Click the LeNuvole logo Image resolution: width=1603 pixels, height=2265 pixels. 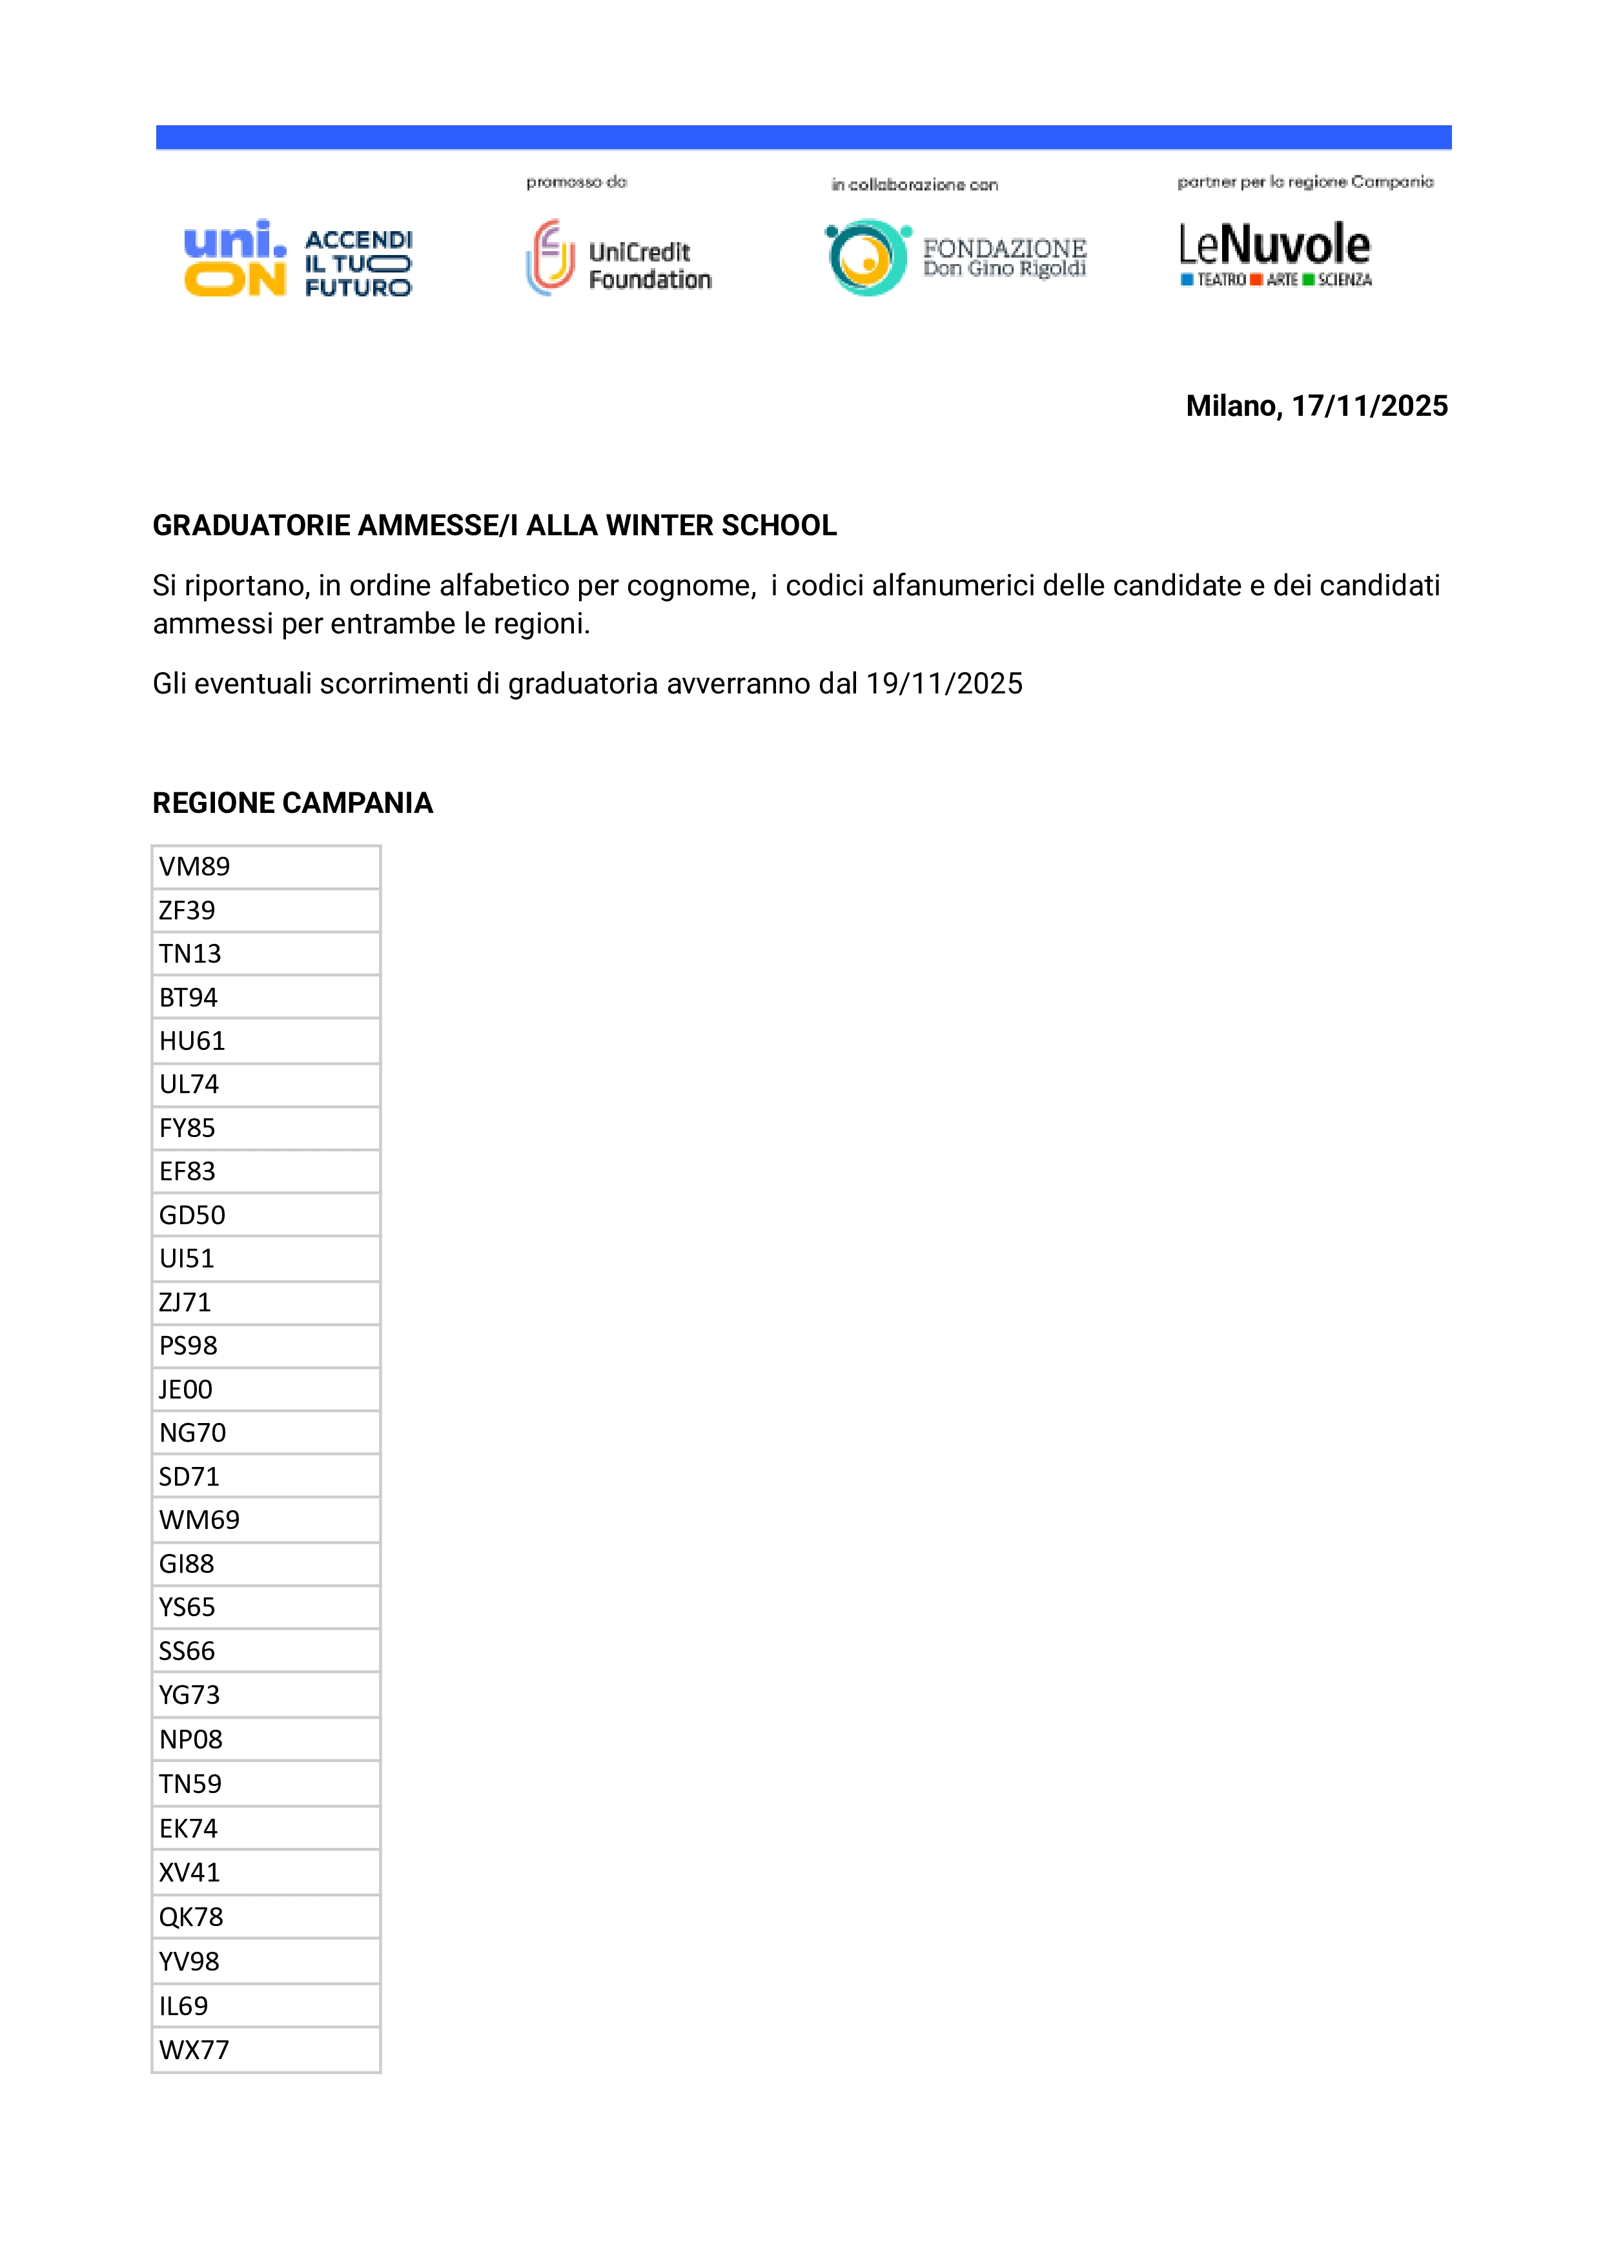pos(1275,254)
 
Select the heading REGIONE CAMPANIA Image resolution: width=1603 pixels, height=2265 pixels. pos(292,803)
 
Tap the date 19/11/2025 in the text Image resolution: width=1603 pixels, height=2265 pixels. pos(944,683)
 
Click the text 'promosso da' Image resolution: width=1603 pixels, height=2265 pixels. pos(577,181)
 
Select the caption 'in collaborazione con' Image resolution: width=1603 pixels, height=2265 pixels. pos(914,185)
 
